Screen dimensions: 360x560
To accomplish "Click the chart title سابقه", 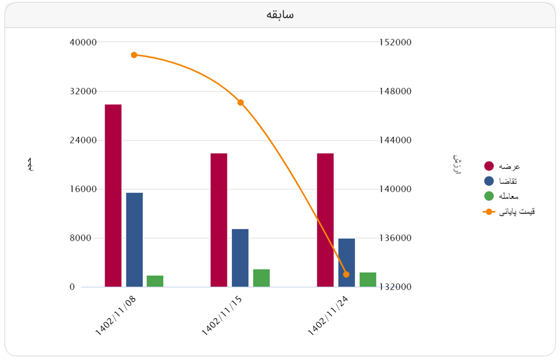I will (x=280, y=15).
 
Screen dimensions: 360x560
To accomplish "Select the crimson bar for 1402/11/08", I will (x=113, y=196).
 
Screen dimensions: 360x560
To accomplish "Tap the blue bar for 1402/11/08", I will (x=134, y=240).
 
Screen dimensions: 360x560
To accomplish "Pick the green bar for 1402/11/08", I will (x=155, y=281).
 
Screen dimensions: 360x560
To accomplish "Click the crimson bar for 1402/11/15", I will (x=219, y=220).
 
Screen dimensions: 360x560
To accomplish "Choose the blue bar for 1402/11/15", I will (x=240, y=258).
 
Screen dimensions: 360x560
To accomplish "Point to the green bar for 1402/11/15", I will (x=262, y=278).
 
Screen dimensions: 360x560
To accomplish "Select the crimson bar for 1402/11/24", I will (x=325, y=220).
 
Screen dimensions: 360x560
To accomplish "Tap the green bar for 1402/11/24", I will (x=368, y=279).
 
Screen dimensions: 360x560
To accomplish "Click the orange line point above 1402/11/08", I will (x=134, y=55).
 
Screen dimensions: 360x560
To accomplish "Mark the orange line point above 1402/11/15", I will (x=240, y=102).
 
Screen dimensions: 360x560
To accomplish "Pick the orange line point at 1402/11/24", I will (x=346, y=274).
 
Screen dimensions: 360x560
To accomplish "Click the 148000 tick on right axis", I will (x=396, y=91).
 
